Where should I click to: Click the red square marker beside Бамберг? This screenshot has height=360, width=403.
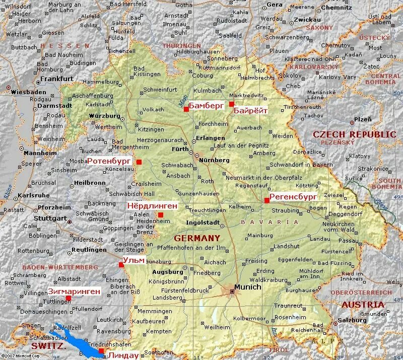coord(186,109)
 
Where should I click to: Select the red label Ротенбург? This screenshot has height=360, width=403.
coord(109,162)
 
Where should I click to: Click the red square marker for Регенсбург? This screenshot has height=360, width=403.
coord(266,200)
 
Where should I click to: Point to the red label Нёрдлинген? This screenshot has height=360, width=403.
coord(152,206)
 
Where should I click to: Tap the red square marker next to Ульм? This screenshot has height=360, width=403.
coord(121,265)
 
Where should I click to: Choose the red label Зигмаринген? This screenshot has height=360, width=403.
coord(74,291)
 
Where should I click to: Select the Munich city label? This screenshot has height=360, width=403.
coord(247,287)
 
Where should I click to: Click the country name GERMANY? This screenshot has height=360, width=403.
coord(197,238)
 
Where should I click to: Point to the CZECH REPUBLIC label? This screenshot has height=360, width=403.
coord(355,134)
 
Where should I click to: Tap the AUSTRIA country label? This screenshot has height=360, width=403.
coord(363,305)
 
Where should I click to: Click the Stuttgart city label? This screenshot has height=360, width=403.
coord(50,219)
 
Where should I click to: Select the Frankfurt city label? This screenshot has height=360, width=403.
coord(56,79)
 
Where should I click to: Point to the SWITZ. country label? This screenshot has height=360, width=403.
coord(46,346)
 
